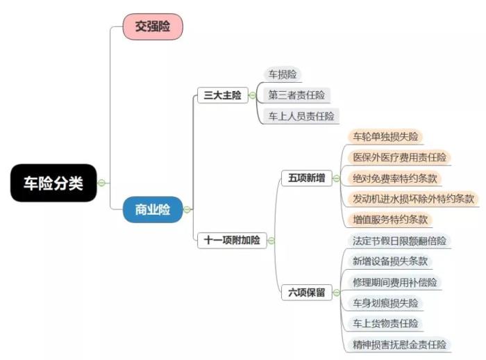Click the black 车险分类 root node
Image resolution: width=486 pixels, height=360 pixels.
[x=53, y=183]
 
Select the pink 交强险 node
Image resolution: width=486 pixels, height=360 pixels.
[x=153, y=26]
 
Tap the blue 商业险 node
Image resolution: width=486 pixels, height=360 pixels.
[x=153, y=209]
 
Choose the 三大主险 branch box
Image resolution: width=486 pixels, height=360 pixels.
[x=222, y=96]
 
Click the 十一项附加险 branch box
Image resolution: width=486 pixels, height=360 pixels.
[x=232, y=240]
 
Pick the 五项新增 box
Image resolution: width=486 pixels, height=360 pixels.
[x=306, y=178]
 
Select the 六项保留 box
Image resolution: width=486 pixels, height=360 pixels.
[x=306, y=293]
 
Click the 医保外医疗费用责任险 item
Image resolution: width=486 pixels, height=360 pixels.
[x=399, y=157]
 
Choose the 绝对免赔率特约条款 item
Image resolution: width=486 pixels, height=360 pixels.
[x=395, y=178]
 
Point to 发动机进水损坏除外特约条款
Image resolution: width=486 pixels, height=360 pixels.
[x=413, y=199]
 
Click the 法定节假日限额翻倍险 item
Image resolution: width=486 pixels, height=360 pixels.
[x=399, y=241]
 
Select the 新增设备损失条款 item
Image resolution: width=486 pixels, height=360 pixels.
[x=390, y=261]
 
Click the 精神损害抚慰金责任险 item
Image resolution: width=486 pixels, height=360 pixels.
[x=399, y=344]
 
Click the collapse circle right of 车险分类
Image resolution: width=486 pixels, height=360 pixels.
[x=101, y=183]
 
